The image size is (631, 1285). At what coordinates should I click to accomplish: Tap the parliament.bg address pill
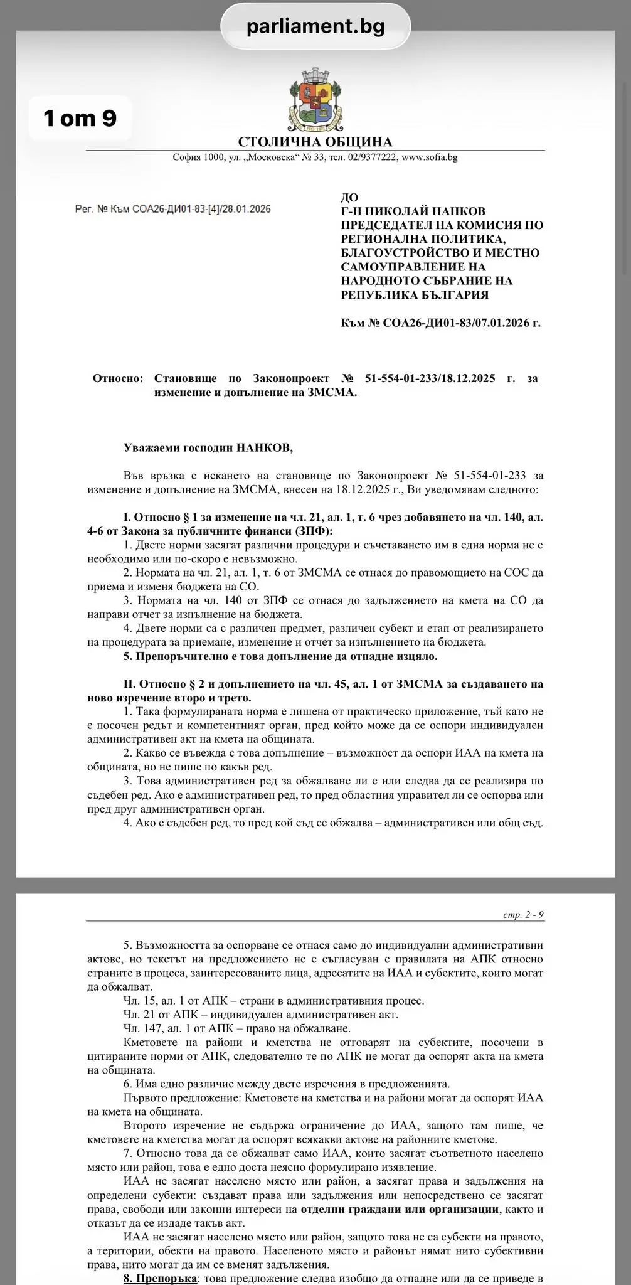[x=315, y=26]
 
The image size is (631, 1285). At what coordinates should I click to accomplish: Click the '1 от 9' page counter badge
[x=80, y=118]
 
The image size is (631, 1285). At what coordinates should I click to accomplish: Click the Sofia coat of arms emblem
[x=315, y=100]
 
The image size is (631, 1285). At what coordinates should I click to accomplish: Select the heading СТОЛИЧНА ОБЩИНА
[x=315, y=142]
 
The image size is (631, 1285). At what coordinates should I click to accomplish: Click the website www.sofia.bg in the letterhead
[x=429, y=157]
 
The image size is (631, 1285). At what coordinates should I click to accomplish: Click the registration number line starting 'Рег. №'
[x=172, y=209]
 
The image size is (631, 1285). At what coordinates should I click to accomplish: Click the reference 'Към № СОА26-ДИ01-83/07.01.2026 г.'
[x=440, y=323]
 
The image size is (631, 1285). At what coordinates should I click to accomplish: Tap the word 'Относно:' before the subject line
[x=118, y=378]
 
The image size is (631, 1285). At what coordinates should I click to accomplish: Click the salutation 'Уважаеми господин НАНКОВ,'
[x=208, y=448]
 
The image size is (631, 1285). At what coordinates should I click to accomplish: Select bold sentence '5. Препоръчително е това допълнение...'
[x=280, y=656]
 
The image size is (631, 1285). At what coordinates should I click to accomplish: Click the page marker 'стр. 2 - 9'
[x=523, y=915]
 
